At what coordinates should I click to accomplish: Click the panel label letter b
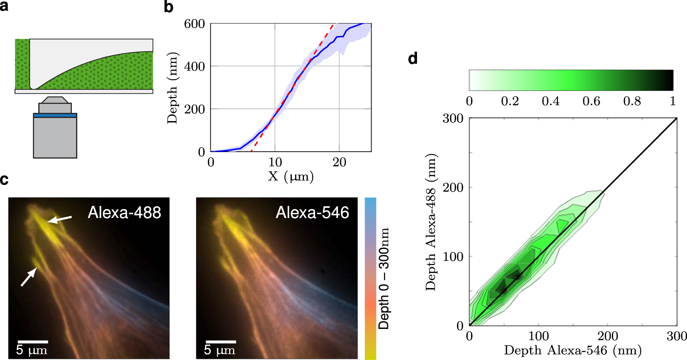coord(168,7)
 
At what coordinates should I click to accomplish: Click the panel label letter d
coord(413,58)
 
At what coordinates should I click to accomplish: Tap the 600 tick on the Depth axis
coord(194,24)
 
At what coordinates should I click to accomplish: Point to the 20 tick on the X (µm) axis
coord(339,162)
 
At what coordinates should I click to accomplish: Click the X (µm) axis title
coord(291,176)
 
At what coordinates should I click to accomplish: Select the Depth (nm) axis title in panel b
coord(173,88)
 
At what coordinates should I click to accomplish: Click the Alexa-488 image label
coord(124,213)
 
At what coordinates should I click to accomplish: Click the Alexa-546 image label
coord(312,213)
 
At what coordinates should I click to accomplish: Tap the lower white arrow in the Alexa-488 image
coord(29,278)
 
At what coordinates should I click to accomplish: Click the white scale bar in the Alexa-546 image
coord(221,342)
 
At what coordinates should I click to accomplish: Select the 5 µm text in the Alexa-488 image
coord(31,350)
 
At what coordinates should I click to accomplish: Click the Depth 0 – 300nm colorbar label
coord(384,279)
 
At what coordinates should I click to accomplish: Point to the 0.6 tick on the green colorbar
coord(591,101)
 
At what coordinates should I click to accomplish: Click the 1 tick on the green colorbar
coord(673,101)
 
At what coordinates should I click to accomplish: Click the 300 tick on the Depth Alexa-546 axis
coord(677,336)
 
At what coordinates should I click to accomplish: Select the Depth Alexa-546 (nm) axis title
coord(573,350)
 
